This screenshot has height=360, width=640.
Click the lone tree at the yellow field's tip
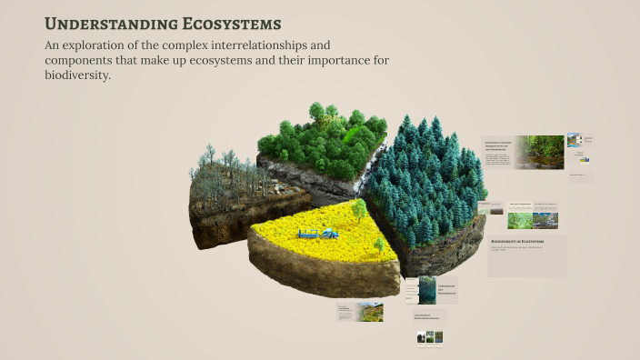coord(359,209)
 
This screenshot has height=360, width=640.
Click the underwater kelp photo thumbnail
coord(426,290)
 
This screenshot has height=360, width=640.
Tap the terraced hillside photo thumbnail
coord(369,311)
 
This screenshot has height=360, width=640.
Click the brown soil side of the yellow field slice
coord(318,273)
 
